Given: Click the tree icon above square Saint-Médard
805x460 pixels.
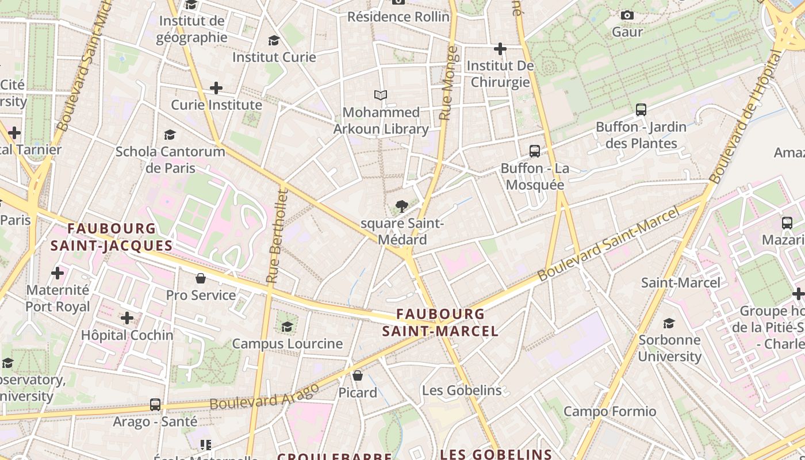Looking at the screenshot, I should pos(401,206).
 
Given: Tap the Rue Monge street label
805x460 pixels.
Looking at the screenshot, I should pos(448,83).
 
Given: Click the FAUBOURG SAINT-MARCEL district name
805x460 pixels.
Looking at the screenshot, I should pos(440,323).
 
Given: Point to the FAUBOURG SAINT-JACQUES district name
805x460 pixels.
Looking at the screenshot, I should pos(112,237).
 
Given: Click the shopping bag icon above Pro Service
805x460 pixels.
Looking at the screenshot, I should pos(201,278).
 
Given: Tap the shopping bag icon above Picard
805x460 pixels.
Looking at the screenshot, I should pos(358,375).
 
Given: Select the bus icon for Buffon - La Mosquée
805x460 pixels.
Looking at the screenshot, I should pos(535,151).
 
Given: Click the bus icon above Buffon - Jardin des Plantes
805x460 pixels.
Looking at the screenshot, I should pos(641,109).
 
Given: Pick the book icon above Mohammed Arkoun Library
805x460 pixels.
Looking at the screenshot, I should pos(380,95).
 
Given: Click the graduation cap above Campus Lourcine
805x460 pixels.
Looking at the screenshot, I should pos(287,327).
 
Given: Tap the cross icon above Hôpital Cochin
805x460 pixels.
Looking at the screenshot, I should pos(127,317).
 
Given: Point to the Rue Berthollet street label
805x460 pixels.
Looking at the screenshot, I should pos(276,236).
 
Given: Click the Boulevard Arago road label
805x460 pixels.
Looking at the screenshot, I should pos(264,397).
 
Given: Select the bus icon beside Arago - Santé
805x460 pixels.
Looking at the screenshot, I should pos(155,404).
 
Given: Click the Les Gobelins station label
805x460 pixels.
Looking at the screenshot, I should pos(462,390).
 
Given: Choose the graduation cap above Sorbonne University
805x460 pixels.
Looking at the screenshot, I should pos(669,323).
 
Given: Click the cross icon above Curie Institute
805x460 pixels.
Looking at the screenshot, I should pos(216,88).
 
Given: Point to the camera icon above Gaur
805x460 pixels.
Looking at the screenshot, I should pos(627,15).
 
